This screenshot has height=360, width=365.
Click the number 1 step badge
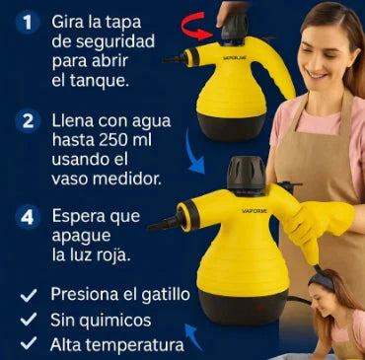28,23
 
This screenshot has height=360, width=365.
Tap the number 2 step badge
28,121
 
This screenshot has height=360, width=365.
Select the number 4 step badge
28,217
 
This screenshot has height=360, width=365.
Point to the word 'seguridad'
103,42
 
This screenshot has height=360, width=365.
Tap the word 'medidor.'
127,180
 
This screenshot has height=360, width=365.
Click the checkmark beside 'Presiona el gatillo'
29,295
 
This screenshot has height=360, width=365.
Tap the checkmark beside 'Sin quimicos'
29,319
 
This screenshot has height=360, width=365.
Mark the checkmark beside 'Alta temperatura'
29,343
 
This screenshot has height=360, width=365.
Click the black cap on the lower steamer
247,173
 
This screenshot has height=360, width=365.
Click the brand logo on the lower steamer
255,211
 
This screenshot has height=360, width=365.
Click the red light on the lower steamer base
260,308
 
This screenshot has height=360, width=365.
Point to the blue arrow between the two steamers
194,152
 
